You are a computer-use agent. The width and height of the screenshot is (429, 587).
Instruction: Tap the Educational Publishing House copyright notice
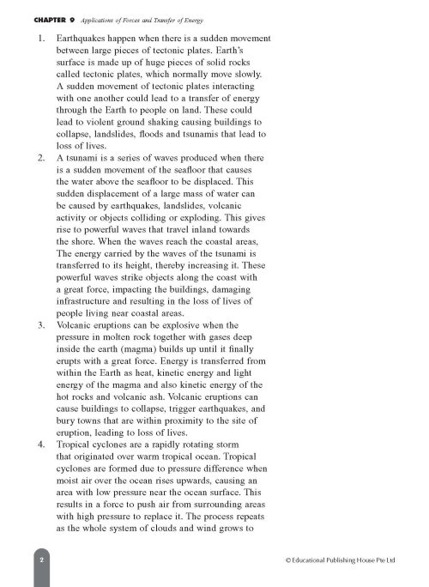pyautogui.click(x=339, y=559)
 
